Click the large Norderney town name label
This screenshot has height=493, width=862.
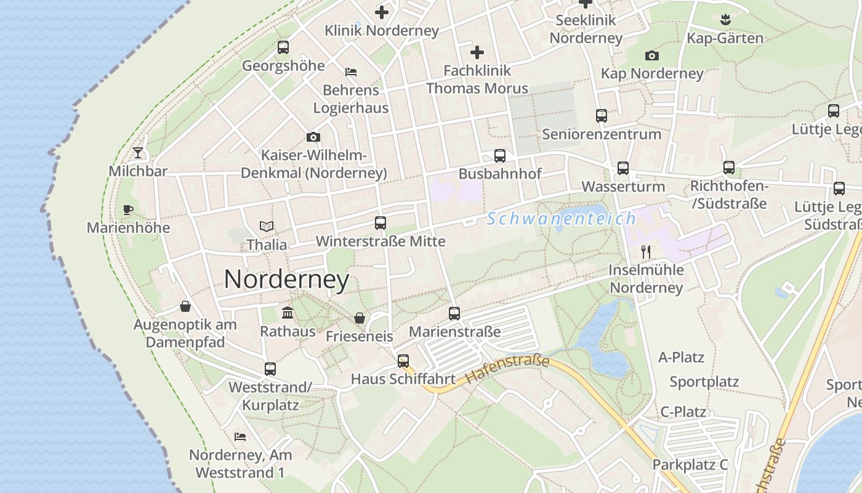pyautogui.click(x=286, y=279)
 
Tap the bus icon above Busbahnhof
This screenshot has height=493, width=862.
pyautogui.click(x=499, y=156)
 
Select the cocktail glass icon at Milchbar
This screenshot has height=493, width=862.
pyautogui.click(x=138, y=153)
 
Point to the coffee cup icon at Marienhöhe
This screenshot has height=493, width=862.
pyautogui.click(x=128, y=210)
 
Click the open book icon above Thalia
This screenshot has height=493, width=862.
pyautogui.click(x=267, y=226)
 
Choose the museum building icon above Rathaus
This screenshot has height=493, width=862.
pyautogui.click(x=288, y=312)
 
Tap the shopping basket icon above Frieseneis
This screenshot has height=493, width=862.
pyautogui.click(x=360, y=318)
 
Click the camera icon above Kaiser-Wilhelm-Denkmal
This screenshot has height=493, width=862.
pyautogui.click(x=313, y=137)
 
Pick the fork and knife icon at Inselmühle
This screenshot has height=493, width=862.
pyautogui.click(x=645, y=251)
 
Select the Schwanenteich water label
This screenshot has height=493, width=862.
pyautogui.click(x=561, y=219)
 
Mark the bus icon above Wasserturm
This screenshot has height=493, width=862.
pyautogui.click(x=623, y=168)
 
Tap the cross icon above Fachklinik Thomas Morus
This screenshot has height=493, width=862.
pyautogui.click(x=477, y=52)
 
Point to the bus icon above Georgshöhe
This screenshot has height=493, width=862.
pyautogui.click(x=283, y=47)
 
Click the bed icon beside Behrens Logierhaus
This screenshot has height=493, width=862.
pyautogui.click(x=351, y=72)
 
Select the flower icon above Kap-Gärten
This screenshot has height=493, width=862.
pyautogui.click(x=725, y=19)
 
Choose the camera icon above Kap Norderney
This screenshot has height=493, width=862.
pyautogui.click(x=651, y=56)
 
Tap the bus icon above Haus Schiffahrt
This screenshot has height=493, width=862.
pyautogui.click(x=403, y=361)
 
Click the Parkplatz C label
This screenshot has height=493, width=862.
pyautogui.click(x=690, y=465)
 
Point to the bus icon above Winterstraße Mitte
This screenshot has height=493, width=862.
pyautogui.click(x=381, y=223)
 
